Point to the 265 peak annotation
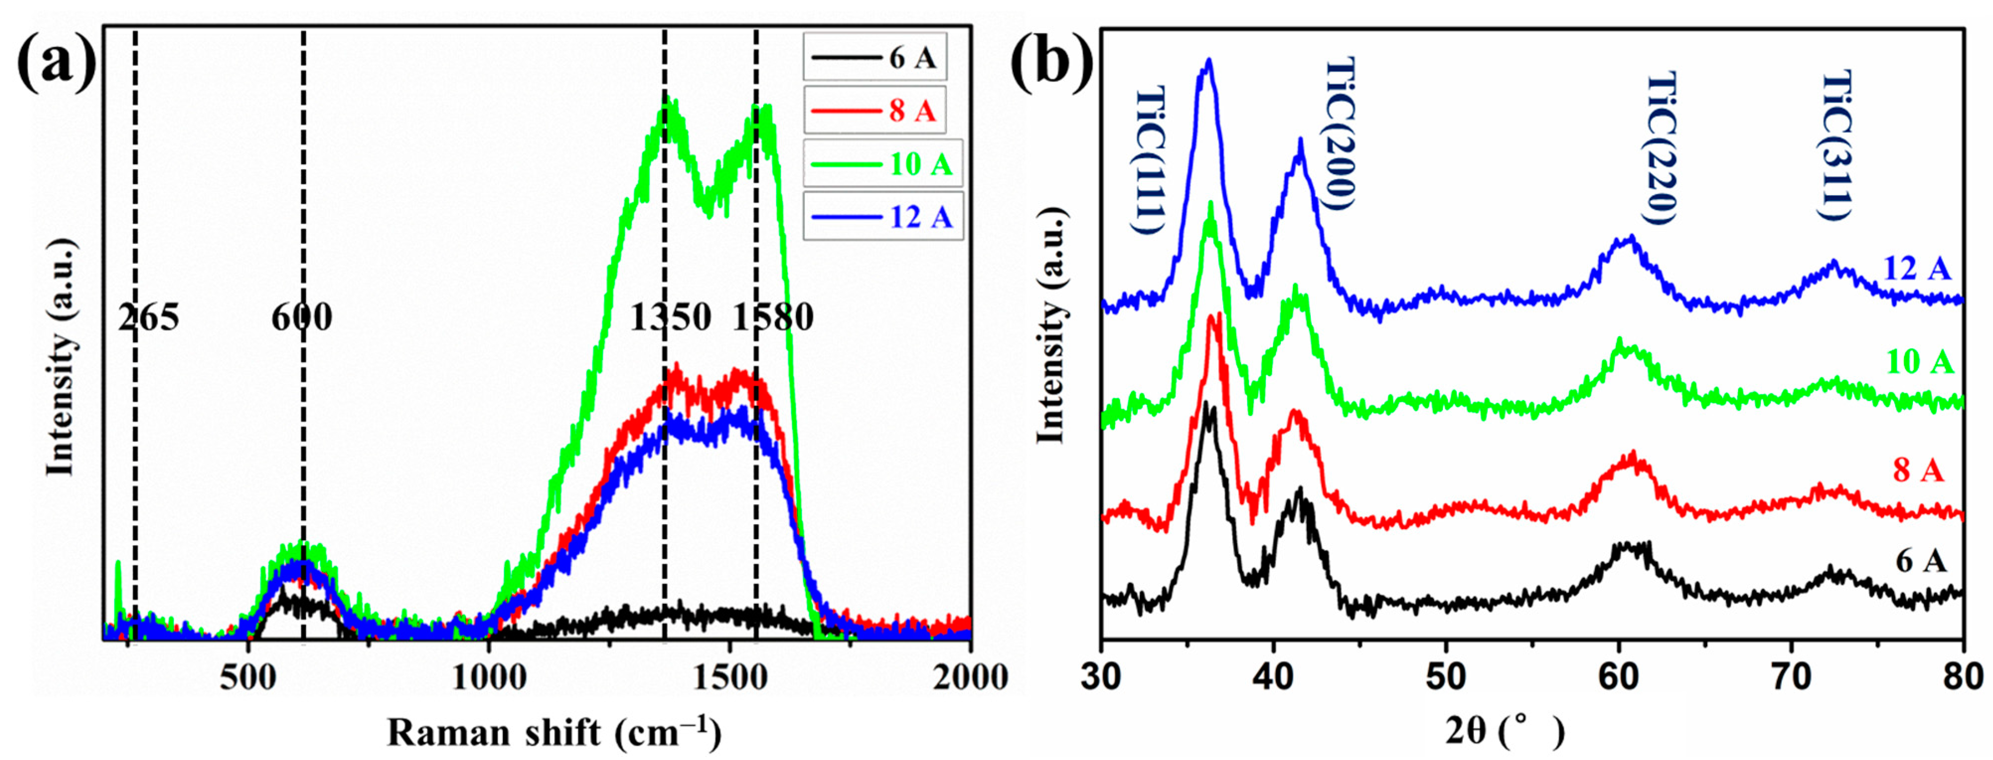(149, 318)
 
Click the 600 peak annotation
(302, 318)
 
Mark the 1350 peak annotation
(670, 318)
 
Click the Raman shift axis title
(554, 731)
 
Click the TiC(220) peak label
(1660, 148)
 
